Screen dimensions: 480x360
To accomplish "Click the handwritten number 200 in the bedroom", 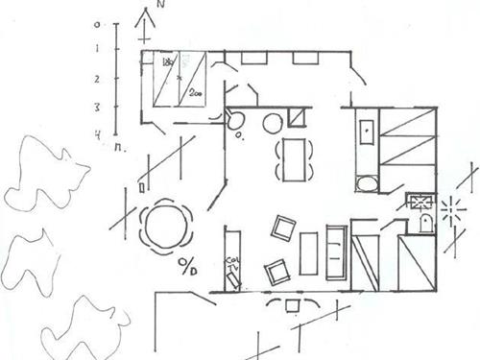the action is point(196,93).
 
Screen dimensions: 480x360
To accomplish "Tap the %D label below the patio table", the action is point(187,266).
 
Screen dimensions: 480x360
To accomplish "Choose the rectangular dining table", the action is point(295,158).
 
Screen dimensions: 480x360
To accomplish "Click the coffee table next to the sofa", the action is point(308,253).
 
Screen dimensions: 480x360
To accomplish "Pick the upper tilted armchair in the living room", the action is point(283,228).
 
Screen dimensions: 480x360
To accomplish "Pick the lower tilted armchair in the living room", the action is point(277,273).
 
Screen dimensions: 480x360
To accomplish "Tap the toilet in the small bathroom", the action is point(426,224).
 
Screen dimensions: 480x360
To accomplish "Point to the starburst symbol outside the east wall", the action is point(451,207).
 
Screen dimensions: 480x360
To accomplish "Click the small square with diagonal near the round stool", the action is point(297,120).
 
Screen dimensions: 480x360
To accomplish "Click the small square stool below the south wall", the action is point(293,306).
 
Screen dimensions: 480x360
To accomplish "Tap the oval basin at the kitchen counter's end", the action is point(366,182).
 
